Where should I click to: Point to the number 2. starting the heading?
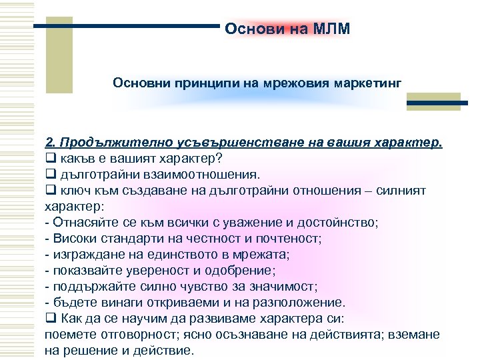[x=49, y=143]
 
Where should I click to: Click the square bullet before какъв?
[x=49, y=159]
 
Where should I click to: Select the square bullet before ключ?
[x=49, y=191]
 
